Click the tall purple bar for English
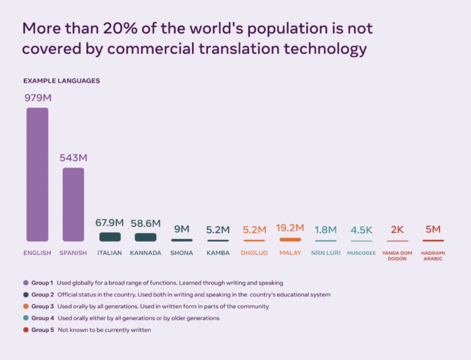coord(37,174)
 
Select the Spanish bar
coord(73,204)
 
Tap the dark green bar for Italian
coord(110,237)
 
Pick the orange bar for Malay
coord(290,239)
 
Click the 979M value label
coord(38,98)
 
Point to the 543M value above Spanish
coord(73,158)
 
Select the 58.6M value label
coord(145,223)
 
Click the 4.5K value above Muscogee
coord(361,230)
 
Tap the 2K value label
coord(397,230)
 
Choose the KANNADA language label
coord(145,253)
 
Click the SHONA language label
coord(182,253)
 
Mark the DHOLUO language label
coord(254,253)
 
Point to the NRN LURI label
coord(325,253)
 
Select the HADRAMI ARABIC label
coord(433,256)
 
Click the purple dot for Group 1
coord(25,283)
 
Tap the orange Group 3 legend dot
coord(25,307)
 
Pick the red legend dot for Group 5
coord(25,330)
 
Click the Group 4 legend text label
coord(43,318)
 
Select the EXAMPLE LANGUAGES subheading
coord(62,81)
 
